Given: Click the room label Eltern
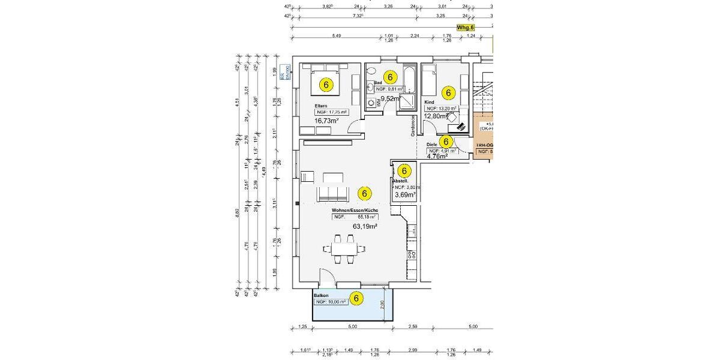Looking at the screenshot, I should click(x=321, y=106).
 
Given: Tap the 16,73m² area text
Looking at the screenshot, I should click(x=327, y=120).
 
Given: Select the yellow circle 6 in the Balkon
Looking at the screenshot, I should click(x=356, y=298).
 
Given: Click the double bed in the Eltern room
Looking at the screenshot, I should click(x=326, y=82).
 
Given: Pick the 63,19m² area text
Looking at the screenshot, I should click(x=364, y=226).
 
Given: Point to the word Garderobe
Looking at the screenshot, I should click(x=413, y=126).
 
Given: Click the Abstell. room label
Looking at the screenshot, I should click(x=400, y=181).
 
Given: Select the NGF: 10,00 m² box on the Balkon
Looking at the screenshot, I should click(x=330, y=302).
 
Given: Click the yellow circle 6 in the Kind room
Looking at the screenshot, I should click(x=448, y=93).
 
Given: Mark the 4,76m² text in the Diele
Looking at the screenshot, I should click(x=437, y=157).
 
